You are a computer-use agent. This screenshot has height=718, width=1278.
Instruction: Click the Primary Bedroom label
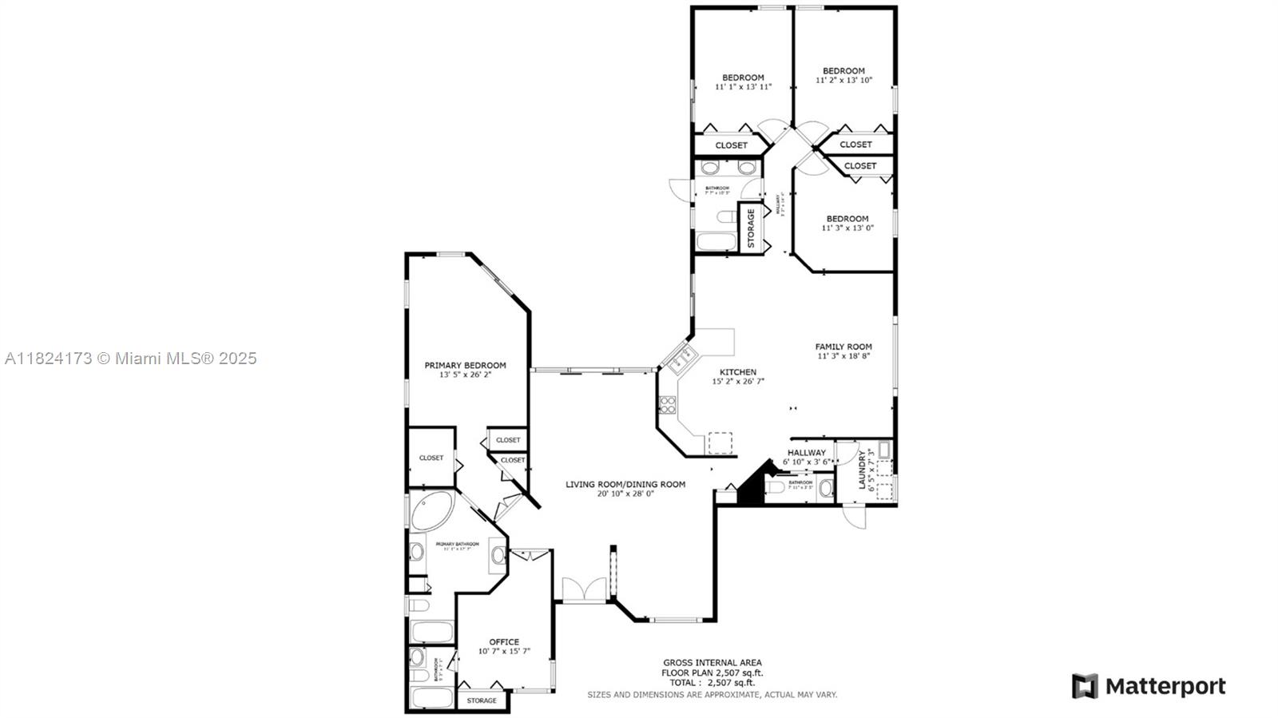pyautogui.click(x=465, y=365)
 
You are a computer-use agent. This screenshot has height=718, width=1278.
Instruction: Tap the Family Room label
pyautogui.click(x=843, y=347)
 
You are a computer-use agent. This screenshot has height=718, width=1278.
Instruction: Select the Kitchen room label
pyautogui.click(x=737, y=372)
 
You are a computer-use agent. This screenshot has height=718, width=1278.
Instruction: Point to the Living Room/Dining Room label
pyautogui.click(x=625, y=484)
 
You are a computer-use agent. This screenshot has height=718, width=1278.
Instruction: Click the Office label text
pyautogui.click(x=504, y=641)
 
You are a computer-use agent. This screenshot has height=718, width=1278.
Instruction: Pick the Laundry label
pyautogui.click(x=862, y=469)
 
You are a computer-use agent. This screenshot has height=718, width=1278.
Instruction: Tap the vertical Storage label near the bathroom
pyautogui.click(x=751, y=228)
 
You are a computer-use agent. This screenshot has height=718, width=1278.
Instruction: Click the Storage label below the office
pyautogui.click(x=481, y=700)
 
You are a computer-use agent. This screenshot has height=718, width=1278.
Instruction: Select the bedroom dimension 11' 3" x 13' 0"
pyautogui.click(x=847, y=228)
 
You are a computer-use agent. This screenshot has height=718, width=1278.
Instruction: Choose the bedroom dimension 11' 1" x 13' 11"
pyautogui.click(x=743, y=86)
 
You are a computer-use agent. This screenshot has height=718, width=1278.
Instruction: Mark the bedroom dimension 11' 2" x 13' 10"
pyautogui.click(x=843, y=80)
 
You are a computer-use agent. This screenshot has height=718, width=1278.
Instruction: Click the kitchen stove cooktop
pyautogui.click(x=666, y=404)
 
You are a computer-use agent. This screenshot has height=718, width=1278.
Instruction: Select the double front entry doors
pyautogui.click(x=582, y=590)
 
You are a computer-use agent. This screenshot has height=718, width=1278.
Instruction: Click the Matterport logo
pyautogui.click(x=1148, y=686)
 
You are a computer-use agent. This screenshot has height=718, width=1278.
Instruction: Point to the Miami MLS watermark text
pyautogui.click(x=131, y=359)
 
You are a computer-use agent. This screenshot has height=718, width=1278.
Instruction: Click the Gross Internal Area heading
pyautogui.click(x=712, y=662)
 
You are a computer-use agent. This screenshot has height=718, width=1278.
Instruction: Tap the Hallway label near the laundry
pyautogui.click(x=806, y=452)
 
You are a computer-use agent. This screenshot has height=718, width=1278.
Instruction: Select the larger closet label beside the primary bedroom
pyautogui.click(x=431, y=458)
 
